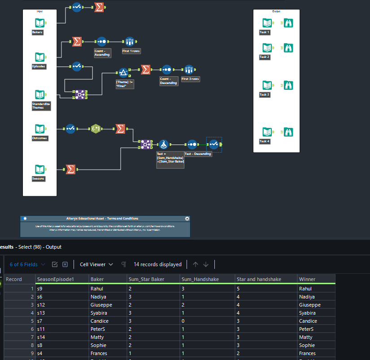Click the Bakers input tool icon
[x=40, y=23]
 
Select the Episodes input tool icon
[x=40, y=57]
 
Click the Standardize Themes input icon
[x=40, y=95]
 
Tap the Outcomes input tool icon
[x=40, y=129]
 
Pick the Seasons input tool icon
[x=40, y=169]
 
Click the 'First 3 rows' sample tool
[x=189, y=70]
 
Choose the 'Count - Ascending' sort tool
[x=102, y=42]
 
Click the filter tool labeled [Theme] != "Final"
[x=123, y=73]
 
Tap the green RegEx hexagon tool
[x=96, y=129]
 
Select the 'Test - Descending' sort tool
[x=192, y=145]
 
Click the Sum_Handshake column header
[x=200, y=279]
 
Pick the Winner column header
[x=307, y=279]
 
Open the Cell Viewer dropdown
[x=96, y=264]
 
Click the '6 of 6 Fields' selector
[x=27, y=264]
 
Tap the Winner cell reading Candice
[x=309, y=321]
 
